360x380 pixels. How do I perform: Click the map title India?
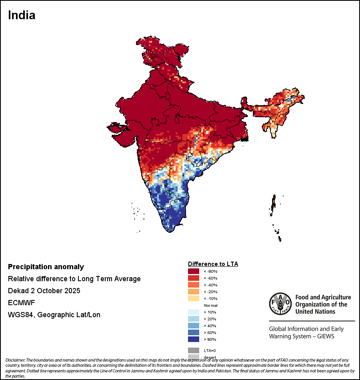pyautogui.click(x=22, y=16)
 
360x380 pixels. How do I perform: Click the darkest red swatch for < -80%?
pyautogui.click(x=194, y=271)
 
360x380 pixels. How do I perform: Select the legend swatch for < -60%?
pyautogui.click(x=194, y=278)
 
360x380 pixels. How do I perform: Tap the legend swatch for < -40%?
pyautogui.click(x=194, y=285)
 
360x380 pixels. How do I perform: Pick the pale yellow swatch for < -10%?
pyautogui.click(x=194, y=298)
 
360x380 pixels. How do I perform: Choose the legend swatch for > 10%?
pyautogui.click(x=194, y=312)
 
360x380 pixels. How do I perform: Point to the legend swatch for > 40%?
pyautogui.click(x=194, y=326)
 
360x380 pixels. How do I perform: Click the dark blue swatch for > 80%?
pyautogui.click(x=194, y=339)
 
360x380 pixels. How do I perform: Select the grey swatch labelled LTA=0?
pyautogui.click(x=194, y=350)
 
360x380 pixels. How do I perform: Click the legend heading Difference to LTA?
pyautogui.click(x=213, y=264)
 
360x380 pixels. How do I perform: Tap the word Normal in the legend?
pyautogui.click(x=210, y=305)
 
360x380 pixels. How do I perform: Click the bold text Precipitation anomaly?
pyautogui.click(x=46, y=267)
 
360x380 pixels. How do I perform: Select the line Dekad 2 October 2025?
pyautogui.click(x=44, y=291)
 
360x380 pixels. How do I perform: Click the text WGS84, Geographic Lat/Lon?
pyautogui.click(x=54, y=315)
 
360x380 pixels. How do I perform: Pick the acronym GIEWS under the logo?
pyautogui.click(x=325, y=336)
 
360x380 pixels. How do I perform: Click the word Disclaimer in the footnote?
pyautogui.click(x=15, y=360)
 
